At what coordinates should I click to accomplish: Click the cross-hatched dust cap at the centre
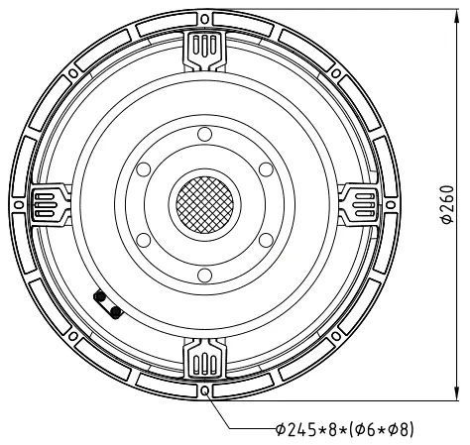pyautogui.click(x=203, y=204)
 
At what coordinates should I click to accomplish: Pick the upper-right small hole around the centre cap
pyautogui.click(x=265, y=168)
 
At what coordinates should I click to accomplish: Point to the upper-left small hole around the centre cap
pyautogui.click(x=142, y=168)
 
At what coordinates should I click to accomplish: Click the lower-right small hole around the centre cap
pyautogui.click(x=265, y=240)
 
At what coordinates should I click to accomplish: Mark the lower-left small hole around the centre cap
pyautogui.click(x=142, y=240)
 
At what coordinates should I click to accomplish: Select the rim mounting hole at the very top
pyautogui.click(x=203, y=17)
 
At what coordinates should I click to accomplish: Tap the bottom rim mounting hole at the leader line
pyautogui.click(x=203, y=391)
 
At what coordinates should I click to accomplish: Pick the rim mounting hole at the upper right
pyautogui.click(x=336, y=71)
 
